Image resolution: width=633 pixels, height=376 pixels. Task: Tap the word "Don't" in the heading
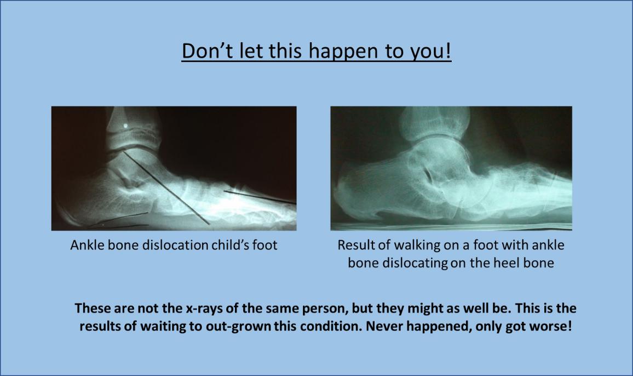click(x=207, y=50)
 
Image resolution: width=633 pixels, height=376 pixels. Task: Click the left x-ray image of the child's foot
click(x=174, y=168)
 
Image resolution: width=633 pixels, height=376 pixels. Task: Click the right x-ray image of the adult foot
click(x=451, y=168)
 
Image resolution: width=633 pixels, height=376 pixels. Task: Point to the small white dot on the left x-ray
click(x=125, y=126)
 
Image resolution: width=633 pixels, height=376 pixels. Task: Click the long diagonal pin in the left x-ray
click(x=166, y=187)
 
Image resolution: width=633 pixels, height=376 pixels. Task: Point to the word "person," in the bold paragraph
click(x=326, y=309)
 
